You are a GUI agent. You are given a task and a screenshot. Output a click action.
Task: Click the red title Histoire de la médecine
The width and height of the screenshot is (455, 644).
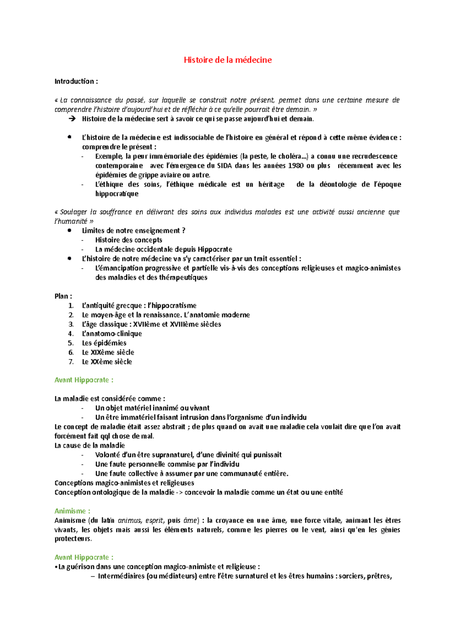click(227, 60)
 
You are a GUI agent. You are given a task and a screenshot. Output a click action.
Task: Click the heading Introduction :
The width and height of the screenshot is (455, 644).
click(76, 81)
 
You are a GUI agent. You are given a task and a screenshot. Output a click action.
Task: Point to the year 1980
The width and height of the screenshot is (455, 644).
click(296, 166)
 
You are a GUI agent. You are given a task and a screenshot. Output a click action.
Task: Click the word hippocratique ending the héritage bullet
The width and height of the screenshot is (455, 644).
click(117, 194)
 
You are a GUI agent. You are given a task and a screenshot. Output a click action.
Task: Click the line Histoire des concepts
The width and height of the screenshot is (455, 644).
click(129, 240)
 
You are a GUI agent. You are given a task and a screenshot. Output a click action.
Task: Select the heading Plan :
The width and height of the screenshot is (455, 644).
click(63, 296)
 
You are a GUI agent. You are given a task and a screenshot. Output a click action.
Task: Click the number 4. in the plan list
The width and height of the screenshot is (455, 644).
click(71, 334)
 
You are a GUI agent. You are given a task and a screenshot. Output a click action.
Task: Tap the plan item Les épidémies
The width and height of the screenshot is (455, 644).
click(104, 343)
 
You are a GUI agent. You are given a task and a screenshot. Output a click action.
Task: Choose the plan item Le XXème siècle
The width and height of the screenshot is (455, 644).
click(107, 362)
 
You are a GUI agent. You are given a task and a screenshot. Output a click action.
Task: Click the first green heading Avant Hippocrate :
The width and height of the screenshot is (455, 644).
click(84, 380)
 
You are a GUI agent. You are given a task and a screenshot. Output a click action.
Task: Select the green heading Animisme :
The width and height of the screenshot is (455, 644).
click(72, 511)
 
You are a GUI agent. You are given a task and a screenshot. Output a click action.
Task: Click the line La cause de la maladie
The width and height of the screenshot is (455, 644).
click(89, 446)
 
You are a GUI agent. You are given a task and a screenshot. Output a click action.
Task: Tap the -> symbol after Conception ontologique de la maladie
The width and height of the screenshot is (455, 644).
click(179, 493)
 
